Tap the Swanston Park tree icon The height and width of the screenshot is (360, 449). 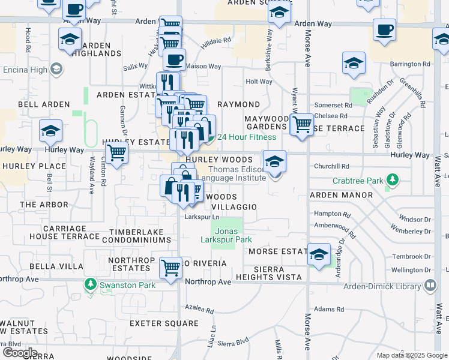[x=90, y=283]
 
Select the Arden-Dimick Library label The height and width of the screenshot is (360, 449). [x=382, y=286]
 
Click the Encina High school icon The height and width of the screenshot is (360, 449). [x=57, y=69]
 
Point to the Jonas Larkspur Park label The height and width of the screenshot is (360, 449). [x=226, y=235]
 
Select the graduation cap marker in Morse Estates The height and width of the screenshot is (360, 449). [x=319, y=254]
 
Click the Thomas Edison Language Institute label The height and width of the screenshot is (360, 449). [x=232, y=173]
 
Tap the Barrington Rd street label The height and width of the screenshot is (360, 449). [x=410, y=64]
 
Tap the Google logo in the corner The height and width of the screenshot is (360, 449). [x=20, y=352]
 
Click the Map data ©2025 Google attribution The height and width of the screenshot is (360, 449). [x=412, y=355]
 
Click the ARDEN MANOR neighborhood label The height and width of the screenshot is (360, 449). [x=341, y=195]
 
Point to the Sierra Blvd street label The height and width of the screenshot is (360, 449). [x=233, y=343]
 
